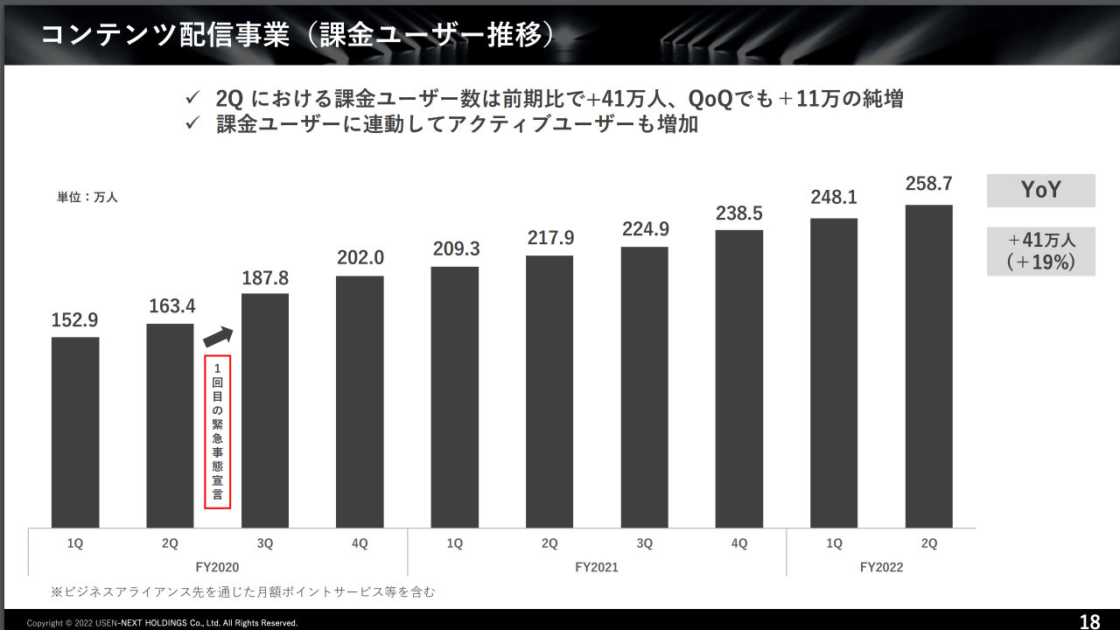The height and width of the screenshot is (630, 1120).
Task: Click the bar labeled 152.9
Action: point(75,432)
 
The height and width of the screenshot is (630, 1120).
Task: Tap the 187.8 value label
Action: point(264,278)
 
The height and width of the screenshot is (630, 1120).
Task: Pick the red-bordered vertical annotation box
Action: point(217,431)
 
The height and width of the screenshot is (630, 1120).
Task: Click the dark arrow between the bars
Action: point(218,336)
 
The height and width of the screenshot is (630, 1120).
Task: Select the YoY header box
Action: point(1040,191)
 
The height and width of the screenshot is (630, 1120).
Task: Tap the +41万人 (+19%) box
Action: point(1040,251)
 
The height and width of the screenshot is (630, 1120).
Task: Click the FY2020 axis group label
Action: point(218,567)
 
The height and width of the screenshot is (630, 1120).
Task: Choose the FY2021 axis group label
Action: point(597,567)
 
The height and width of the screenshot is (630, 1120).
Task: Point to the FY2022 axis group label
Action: point(881,567)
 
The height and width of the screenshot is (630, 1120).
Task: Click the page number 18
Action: point(1089,622)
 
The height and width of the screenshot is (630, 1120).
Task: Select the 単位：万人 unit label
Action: point(87,197)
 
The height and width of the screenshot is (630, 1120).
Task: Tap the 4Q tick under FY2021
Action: point(739,543)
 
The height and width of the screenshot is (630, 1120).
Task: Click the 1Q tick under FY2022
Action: point(834,543)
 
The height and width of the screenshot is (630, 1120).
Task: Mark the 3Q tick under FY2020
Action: point(265,543)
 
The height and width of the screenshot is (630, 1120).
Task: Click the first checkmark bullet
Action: point(194,97)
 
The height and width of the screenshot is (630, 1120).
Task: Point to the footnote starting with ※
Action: point(242,592)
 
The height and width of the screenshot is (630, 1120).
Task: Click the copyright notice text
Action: point(163,623)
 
